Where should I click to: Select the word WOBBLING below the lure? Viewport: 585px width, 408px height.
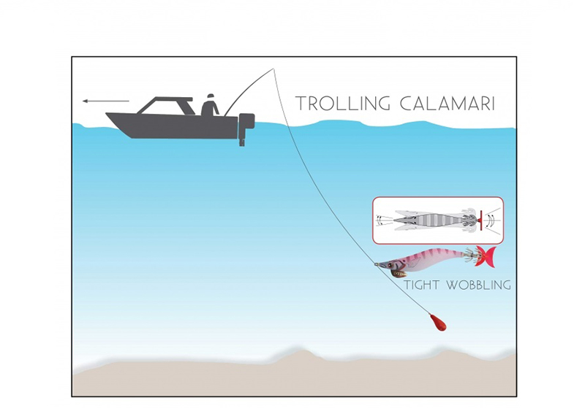pyautogui.click(x=475, y=285)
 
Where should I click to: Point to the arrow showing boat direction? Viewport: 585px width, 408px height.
pyautogui.click(x=105, y=101)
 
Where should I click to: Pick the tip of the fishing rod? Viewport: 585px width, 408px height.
pyautogui.click(x=273, y=69)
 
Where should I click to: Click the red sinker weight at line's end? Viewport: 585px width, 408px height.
pyautogui.click(x=439, y=323)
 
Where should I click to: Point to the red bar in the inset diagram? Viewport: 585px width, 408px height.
pyautogui.click(x=481, y=218)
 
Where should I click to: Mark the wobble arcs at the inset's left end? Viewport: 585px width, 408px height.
pyautogui.click(x=380, y=218)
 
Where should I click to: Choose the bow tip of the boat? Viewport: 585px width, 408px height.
pyautogui.click(x=107, y=115)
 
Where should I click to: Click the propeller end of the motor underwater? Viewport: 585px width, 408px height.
pyautogui.click(x=241, y=142)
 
